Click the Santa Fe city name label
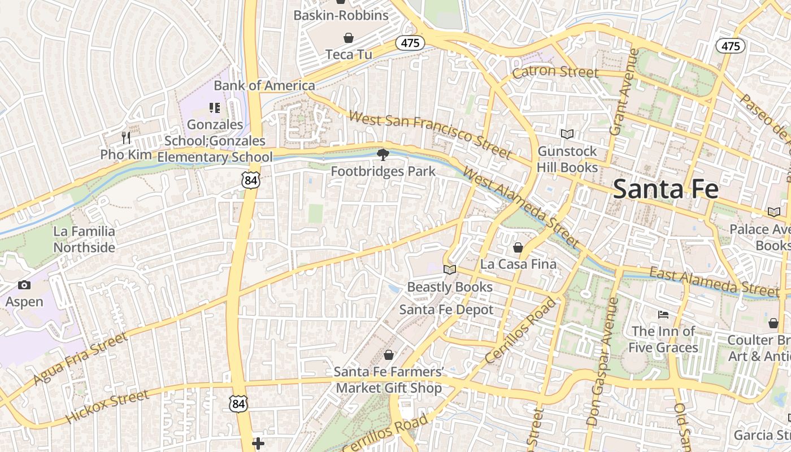tap(665, 189)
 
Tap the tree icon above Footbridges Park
tap(383, 155)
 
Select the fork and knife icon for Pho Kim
tap(126, 137)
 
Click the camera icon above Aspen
tap(24, 285)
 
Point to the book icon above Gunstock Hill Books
tap(567, 134)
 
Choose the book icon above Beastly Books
tap(449, 270)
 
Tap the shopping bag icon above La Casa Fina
tap(518, 247)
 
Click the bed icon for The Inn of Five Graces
tap(663, 314)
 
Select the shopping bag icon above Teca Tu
tap(349, 38)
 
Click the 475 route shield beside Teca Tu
tap(410, 43)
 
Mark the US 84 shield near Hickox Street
tap(238, 403)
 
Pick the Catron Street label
tap(555, 72)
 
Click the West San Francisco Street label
tap(430, 134)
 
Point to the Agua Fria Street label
tap(80, 358)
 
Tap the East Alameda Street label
tap(714, 282)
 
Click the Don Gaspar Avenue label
tap(602, 362)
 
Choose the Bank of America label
tap(264, 86)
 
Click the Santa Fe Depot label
tap(446, 310)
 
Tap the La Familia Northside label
tap(84, 239)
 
